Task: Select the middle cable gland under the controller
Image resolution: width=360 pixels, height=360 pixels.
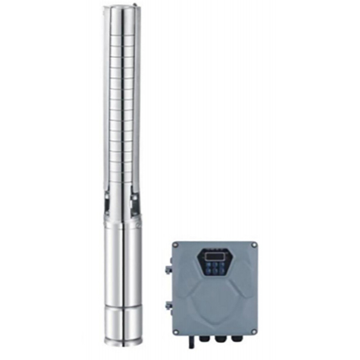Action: [215, 340]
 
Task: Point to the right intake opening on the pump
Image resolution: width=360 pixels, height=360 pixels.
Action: [135, 201]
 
